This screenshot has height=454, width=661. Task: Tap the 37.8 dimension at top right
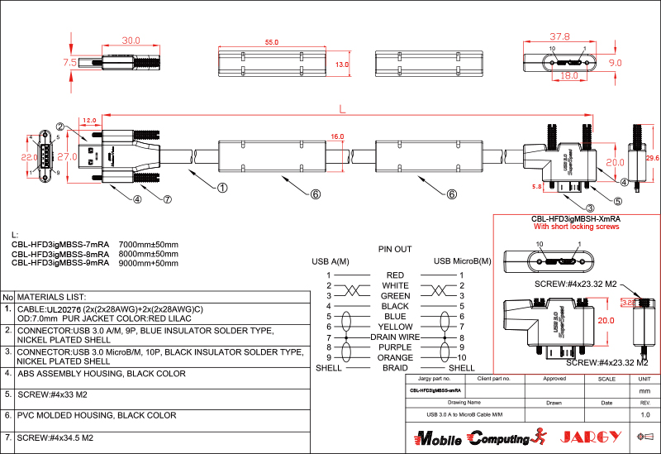pos(559,36)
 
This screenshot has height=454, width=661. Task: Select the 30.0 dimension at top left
pos(131,40)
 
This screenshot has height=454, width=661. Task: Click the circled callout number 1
pos(222,188)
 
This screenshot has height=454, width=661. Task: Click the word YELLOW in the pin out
pos(395,327)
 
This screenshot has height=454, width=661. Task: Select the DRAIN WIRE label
pos(395,337)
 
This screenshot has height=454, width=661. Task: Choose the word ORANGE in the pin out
pos(395,357)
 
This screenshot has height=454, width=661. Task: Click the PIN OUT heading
pos(395,248)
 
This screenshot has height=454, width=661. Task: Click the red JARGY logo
pos(590,437)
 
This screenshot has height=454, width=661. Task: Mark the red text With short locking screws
pos(576,227)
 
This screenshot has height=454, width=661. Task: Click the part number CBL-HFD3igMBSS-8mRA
pos(60,254)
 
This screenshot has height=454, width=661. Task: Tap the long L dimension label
pos(342,111)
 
